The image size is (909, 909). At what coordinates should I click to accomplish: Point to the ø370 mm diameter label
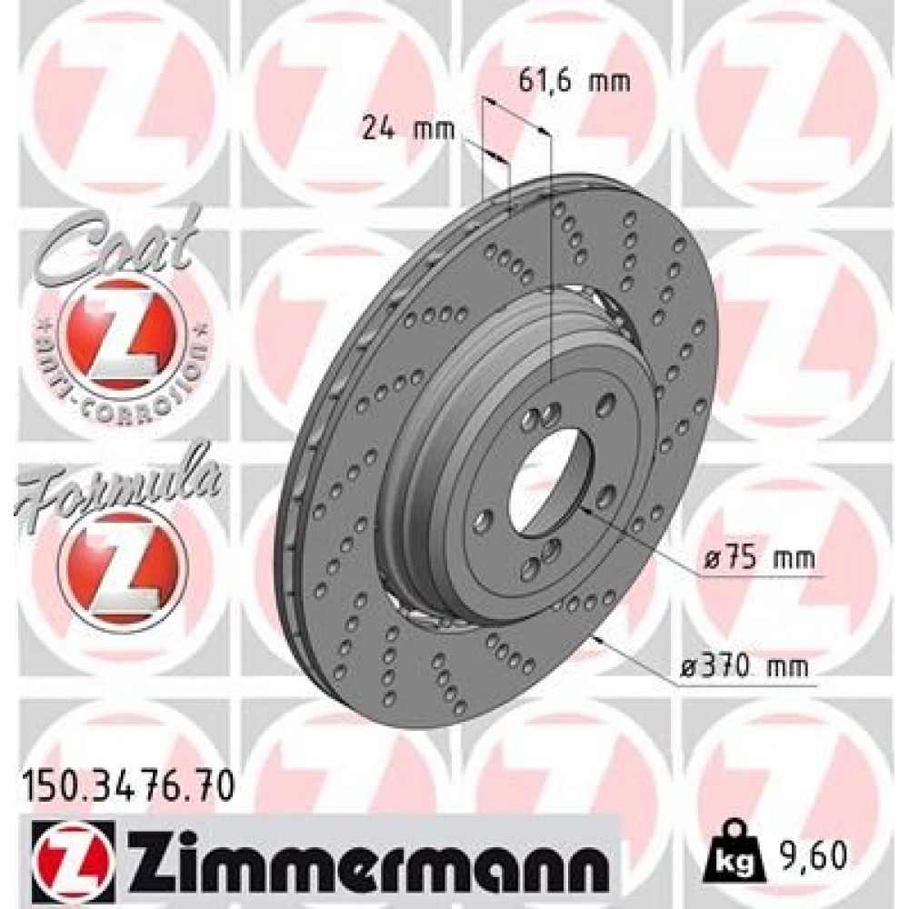coord(748,668)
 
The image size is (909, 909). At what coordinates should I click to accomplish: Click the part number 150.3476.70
coord(127,781)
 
